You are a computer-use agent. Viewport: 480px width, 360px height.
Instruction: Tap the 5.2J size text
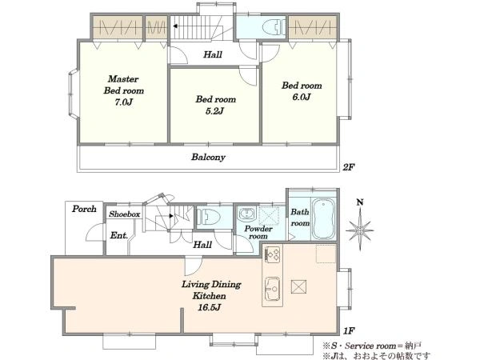click(214, 111)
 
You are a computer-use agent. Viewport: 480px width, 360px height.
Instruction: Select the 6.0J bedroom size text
click(302, 97)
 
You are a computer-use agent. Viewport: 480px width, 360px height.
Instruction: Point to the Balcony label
click(208, 157)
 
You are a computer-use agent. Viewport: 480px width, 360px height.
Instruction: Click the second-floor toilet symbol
click(274, 27)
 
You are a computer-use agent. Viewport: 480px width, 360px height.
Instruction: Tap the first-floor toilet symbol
click(208, 218)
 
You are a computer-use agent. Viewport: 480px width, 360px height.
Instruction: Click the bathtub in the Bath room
click(323, 219)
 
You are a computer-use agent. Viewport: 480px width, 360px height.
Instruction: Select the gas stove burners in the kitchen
click(272, 254)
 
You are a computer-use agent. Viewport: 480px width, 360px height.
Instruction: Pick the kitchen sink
click(272, 290)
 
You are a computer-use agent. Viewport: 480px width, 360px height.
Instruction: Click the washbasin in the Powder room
click(247, 213)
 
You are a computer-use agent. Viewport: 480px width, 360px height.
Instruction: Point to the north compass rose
click(360, 230)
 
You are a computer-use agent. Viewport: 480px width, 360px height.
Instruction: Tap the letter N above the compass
click(360, 202)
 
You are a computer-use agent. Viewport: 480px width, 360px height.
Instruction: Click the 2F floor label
click(349, 167)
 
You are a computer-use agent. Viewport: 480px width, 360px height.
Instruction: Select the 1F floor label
click(349, 331)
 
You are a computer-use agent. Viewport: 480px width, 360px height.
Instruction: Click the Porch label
click(84, 209)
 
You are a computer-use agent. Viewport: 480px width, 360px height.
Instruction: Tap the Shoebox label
click(125, 214)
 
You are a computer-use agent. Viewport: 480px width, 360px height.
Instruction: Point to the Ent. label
click(118, 235)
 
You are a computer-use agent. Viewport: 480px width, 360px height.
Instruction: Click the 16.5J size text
click(210, 307)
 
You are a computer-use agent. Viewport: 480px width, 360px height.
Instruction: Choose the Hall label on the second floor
click(213, 54)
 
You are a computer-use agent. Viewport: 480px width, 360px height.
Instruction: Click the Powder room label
click(258, 232)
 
